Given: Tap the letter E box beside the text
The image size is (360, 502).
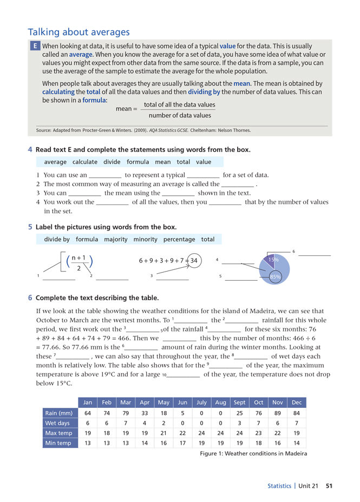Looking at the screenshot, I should point(34,47).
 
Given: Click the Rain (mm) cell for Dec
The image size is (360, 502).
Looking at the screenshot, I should point(296,413).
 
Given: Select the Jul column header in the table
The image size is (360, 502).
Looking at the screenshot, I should point(201,403).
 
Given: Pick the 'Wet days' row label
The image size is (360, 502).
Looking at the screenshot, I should point(58,424).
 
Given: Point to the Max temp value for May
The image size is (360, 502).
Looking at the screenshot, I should point(163,433).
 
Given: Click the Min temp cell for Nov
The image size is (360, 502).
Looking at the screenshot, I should point(277,443).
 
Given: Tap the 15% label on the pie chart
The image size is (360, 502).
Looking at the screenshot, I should point(274,260).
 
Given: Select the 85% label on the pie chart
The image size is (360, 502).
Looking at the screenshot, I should point(275,277).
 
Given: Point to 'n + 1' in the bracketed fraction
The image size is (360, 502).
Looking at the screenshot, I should point(79,258).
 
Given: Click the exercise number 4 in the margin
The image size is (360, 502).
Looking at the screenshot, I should point(30,149).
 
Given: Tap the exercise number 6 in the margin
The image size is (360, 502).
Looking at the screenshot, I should point(30,298).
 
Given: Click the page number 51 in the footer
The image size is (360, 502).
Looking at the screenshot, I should point(329,486).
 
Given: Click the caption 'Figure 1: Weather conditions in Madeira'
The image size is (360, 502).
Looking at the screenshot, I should point(253,453).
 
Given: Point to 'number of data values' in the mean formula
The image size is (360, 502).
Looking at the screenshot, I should point(180,115).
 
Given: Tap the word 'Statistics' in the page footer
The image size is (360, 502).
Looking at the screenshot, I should point(279,486).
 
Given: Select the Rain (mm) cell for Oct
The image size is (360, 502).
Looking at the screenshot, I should point(258,413).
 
